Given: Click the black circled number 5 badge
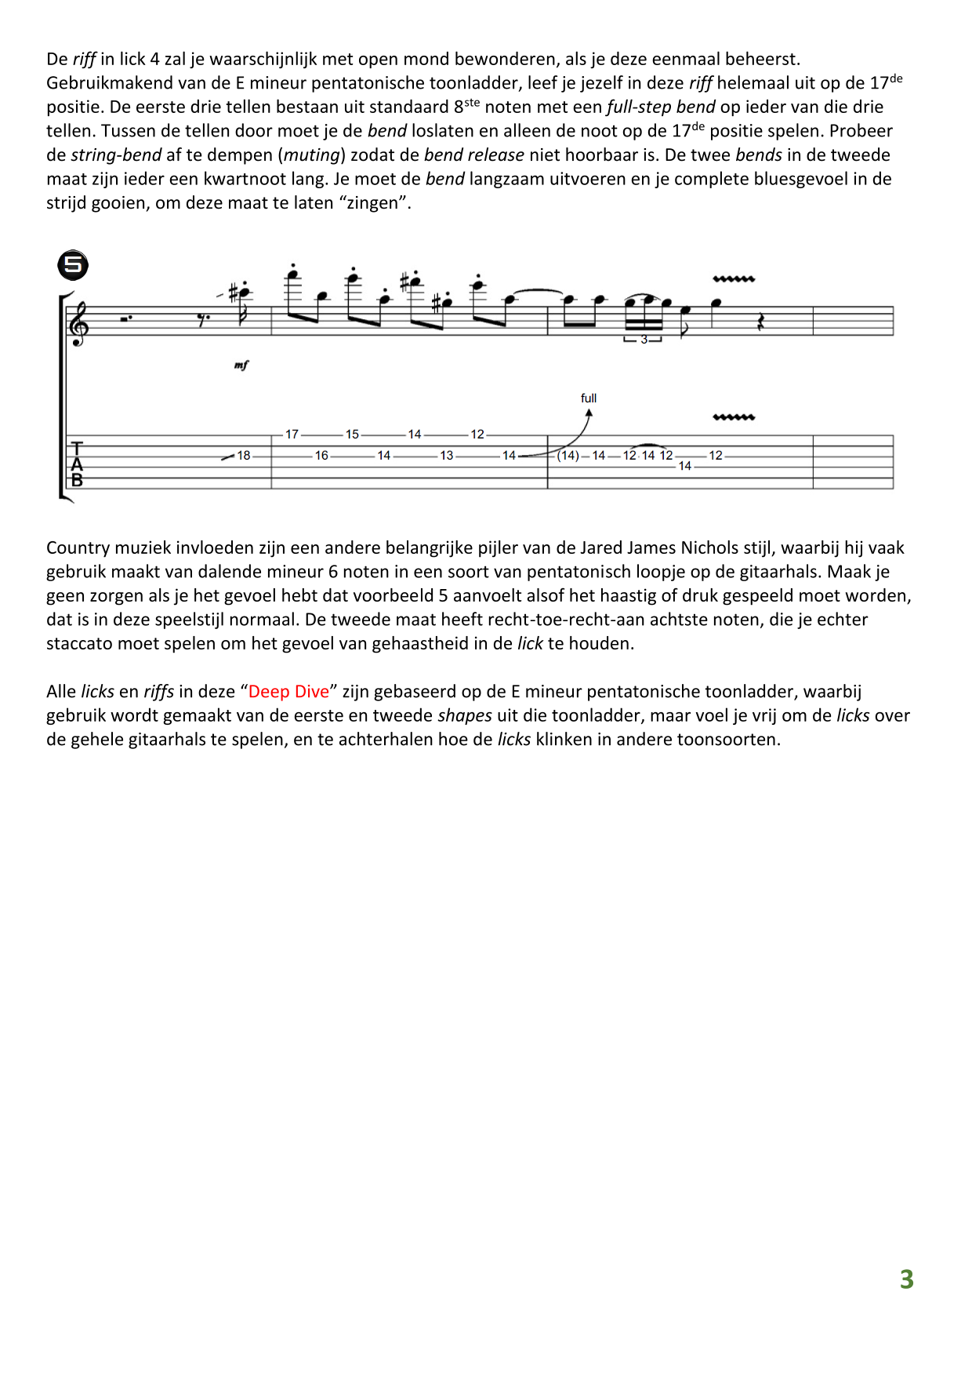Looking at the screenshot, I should click(x=73, y=265).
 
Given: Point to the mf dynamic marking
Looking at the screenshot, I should click(x=241, y=366).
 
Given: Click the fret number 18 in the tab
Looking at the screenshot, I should click(x=244, y=456).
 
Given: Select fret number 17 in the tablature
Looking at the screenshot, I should click(x=292, y=435).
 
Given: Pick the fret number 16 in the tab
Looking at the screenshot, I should click(x=321, y=456).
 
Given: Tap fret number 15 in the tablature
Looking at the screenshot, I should click(x=352, y=435).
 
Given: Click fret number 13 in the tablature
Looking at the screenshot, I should click(x=446, y=456).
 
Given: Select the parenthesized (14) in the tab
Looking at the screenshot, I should click(x=568, y=456).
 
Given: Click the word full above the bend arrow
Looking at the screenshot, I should click(x=589, y=398).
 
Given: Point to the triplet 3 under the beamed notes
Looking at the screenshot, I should click(x=644, y=340).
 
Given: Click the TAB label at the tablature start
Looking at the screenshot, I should click(x=77, y=464).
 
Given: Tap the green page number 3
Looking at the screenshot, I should click(x=906, y=1279).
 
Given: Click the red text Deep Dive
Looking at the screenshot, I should click(x=288, y=692).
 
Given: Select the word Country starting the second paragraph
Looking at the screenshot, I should click(x=78, y=548).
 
